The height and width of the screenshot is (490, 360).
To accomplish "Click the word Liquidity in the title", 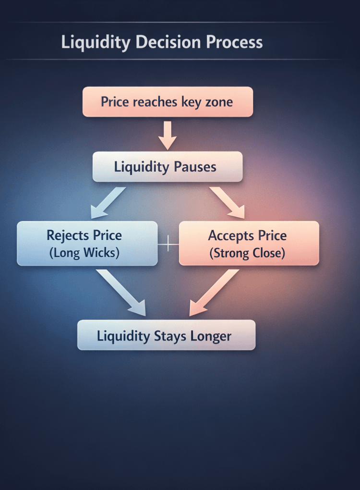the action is point(96,42).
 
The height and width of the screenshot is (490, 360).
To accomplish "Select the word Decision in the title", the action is point(168,42).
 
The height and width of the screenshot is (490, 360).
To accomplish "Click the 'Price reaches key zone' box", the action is point(168,102).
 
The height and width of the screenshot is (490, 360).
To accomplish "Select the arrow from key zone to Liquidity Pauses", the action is point(168,135).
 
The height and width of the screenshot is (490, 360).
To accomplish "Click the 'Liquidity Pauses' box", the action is point(168,167).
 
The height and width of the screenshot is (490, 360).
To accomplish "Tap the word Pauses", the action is point(195,167).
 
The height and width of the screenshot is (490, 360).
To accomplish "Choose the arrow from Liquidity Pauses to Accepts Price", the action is point(228,202).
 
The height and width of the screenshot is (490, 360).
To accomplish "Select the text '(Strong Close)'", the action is point(247,253).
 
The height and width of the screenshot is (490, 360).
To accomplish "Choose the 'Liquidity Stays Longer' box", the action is point(166,335).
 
